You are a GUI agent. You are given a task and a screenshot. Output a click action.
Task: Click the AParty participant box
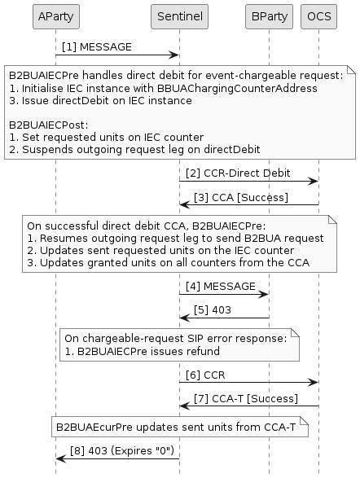coord(55,15)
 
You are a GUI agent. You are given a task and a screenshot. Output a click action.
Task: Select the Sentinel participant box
coord(179,15)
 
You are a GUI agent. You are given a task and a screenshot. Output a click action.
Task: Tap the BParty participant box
coord(268,15)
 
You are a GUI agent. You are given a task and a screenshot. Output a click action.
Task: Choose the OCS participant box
coord(318,15)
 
